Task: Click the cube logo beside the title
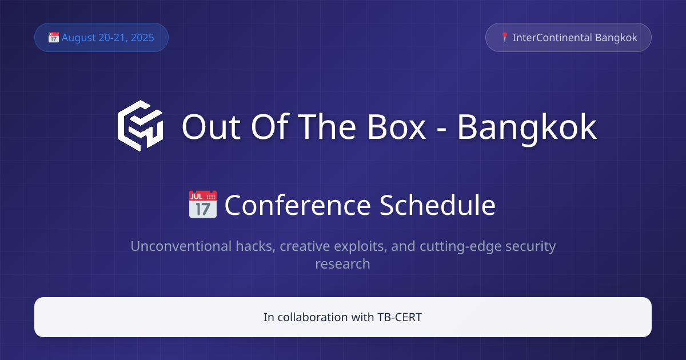[141, 126]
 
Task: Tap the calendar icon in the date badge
[54, 38]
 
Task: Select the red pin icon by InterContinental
[504, 37]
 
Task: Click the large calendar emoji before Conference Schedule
[203, 205]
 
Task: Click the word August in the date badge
[79, 38]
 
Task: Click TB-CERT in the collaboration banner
[399, 317]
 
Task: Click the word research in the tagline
[342, 264]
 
